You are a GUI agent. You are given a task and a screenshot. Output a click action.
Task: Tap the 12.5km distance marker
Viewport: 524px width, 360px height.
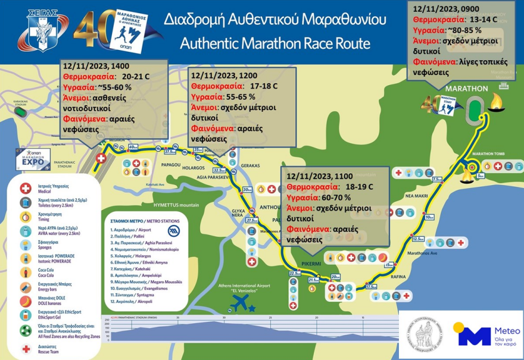click(x=417, y=239)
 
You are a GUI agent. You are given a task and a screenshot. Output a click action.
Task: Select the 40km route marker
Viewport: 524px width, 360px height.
click(x=133, y=147)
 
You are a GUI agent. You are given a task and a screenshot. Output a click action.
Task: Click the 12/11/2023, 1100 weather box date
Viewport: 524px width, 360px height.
click(x=316, y=177)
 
